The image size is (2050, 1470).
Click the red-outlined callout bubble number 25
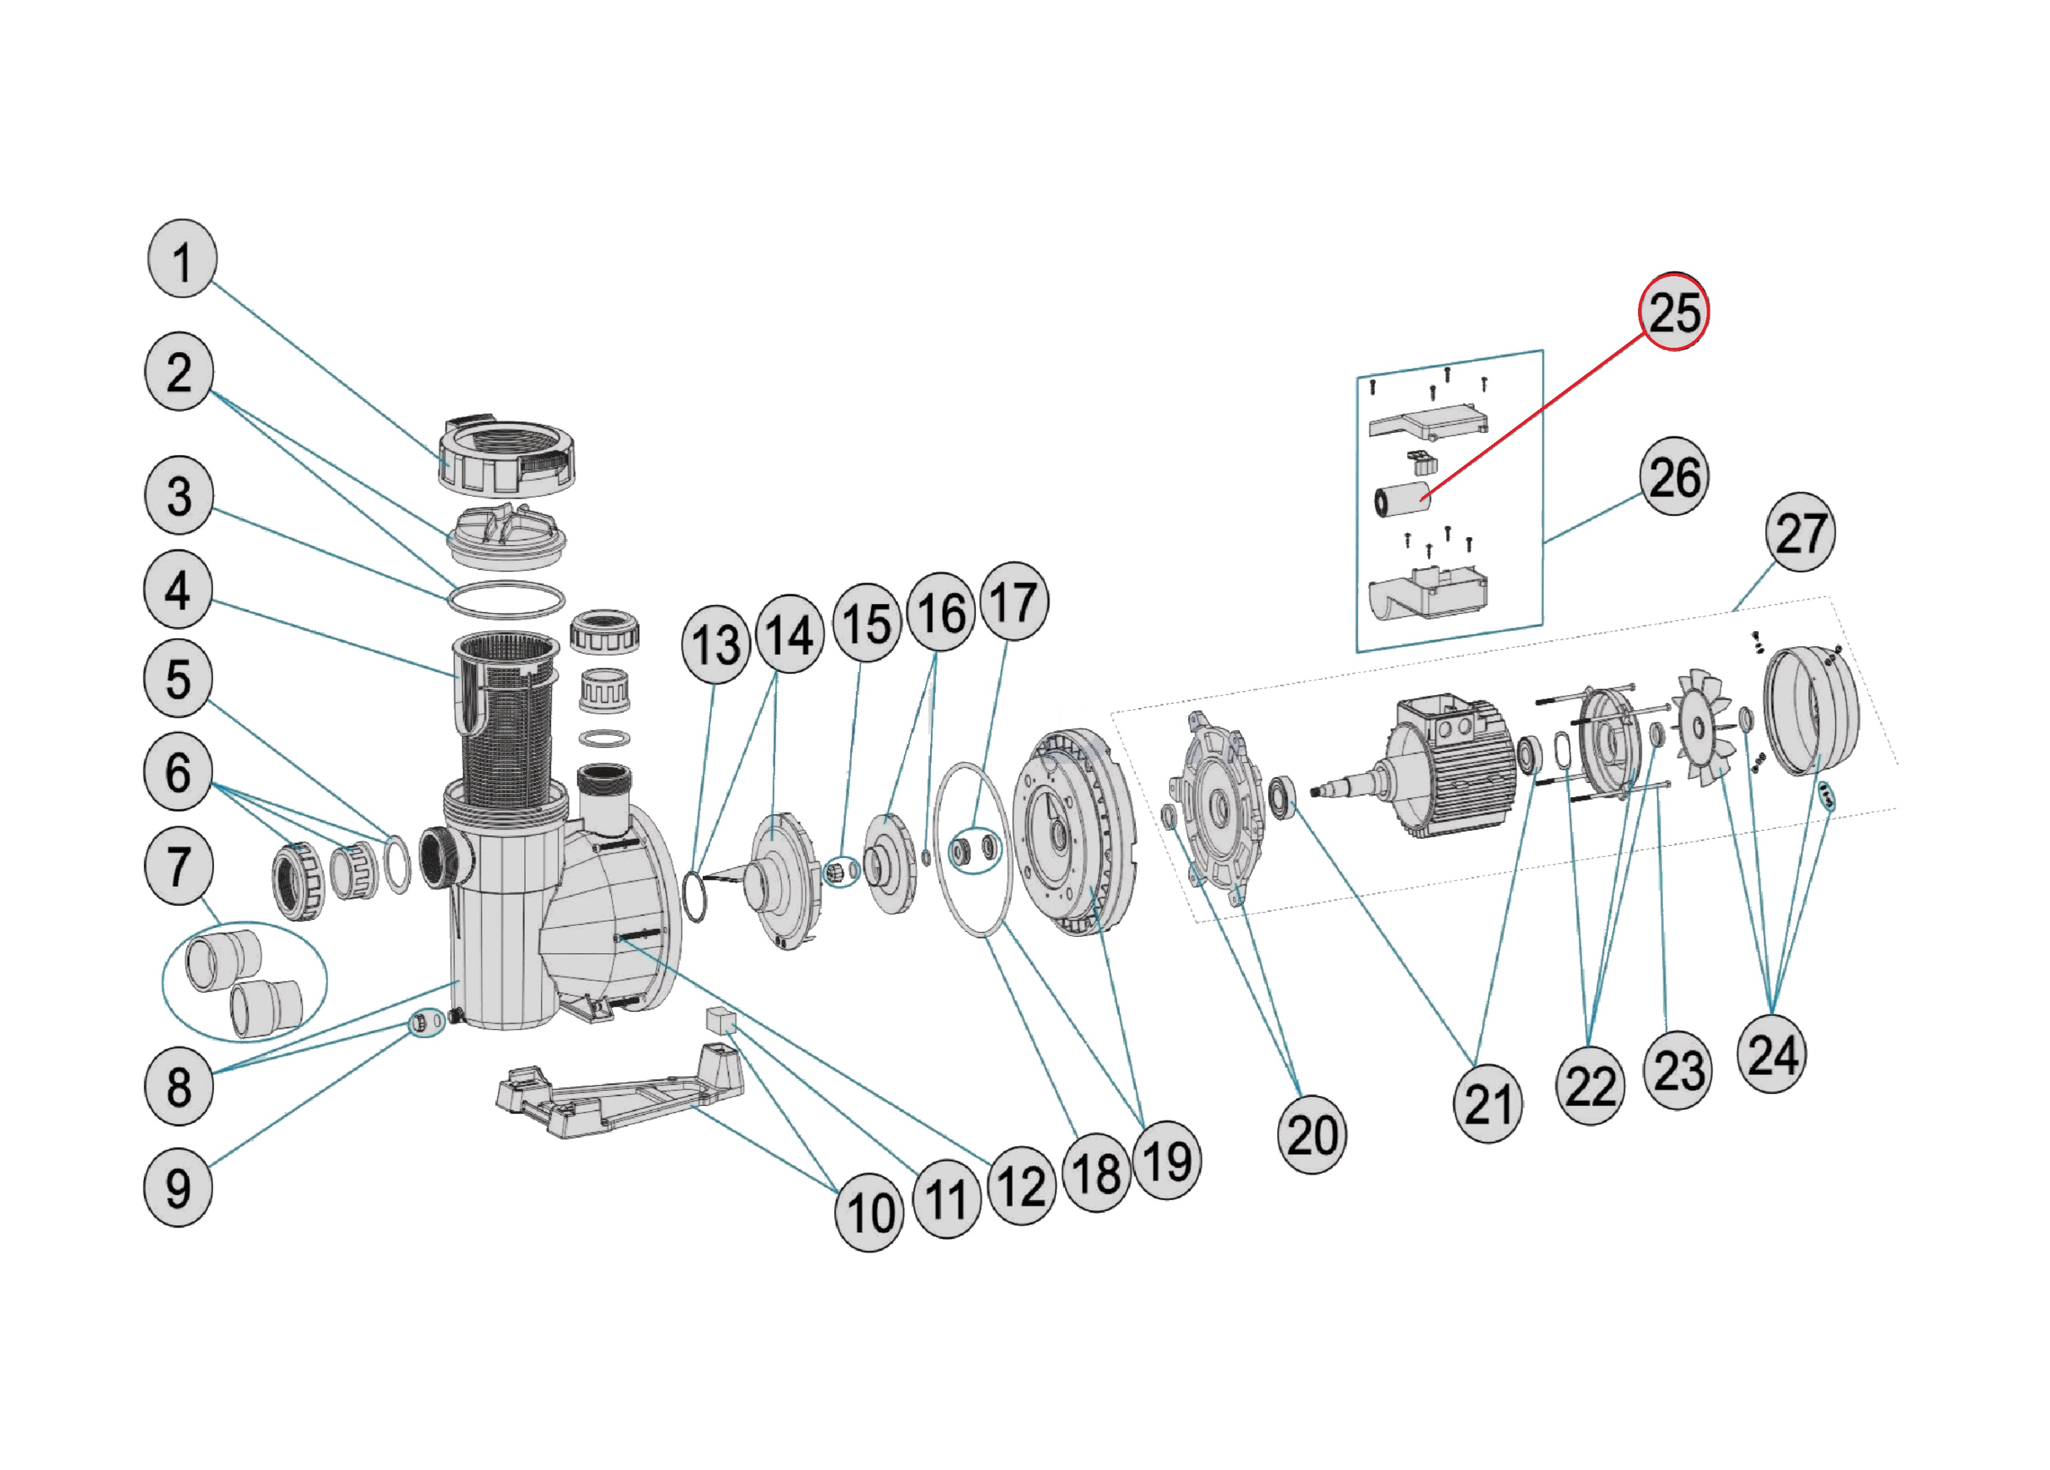1673,312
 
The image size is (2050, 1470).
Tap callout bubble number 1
182,259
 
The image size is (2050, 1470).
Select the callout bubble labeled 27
1799,532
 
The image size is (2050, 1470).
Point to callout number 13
715,644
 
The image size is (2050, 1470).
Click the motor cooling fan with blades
1703,727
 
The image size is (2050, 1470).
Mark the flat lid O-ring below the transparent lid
506,600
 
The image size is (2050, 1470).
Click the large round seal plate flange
1074,831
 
